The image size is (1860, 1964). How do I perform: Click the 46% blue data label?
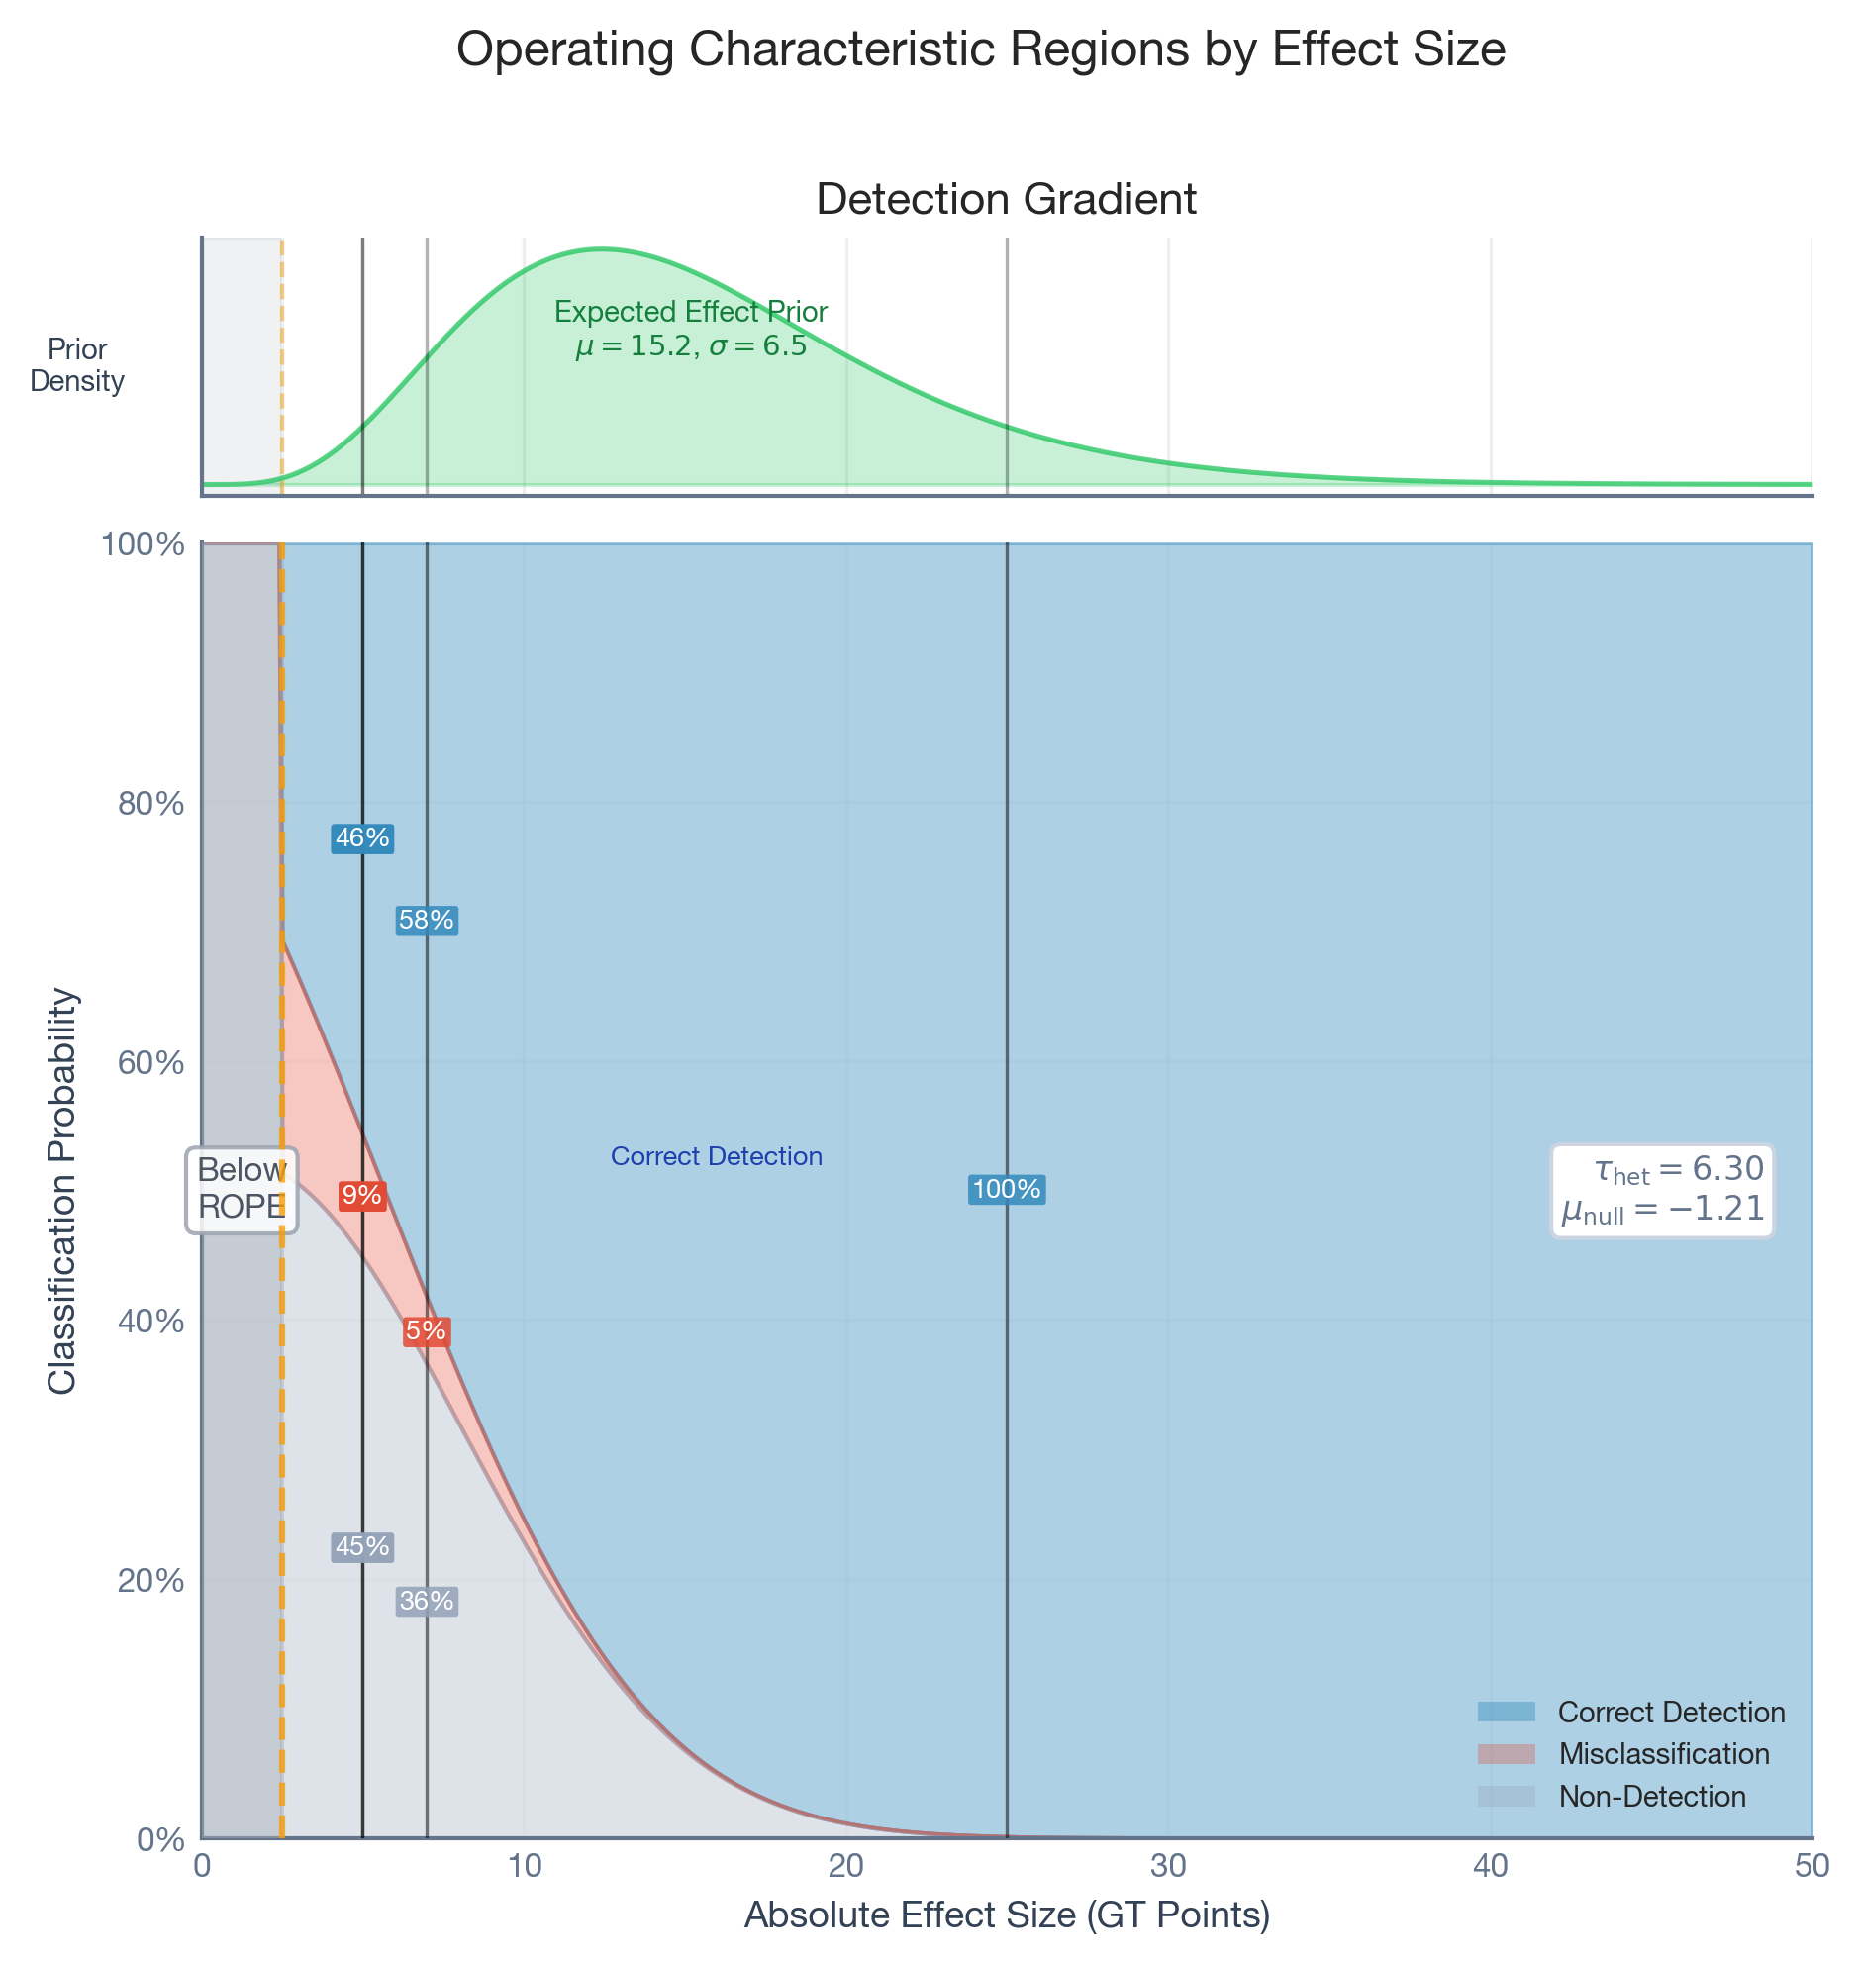click(362, 838)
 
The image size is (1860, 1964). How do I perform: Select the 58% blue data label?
click(427, 921)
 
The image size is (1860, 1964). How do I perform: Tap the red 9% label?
click(361, 1197)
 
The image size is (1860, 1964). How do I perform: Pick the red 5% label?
click(427, 1331)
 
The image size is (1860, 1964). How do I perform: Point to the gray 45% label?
click(362, 1546)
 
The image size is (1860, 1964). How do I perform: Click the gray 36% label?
click(427, 1601)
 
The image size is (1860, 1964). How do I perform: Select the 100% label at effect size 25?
click(1007, 1190)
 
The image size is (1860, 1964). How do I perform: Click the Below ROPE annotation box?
click(242, 1188)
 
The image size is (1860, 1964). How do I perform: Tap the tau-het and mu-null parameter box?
click(1662, 1190)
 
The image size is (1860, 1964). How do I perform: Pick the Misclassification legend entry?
click(1663, 1754)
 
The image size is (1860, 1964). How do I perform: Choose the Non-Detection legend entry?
click(1651, 1797)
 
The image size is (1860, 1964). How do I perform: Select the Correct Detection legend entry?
click(1671, 1713)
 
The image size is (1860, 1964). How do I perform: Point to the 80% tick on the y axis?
click(151, 803)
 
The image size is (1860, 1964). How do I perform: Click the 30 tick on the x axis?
click(1168, 1865)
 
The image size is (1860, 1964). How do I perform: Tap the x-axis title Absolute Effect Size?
click(1007, 1915)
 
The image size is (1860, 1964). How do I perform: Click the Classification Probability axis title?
click(62, 1190)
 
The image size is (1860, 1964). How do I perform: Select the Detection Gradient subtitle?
click(1007, 199)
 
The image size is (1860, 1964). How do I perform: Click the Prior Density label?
click(77, 365)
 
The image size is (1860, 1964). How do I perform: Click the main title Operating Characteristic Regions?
click(981, 49)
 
